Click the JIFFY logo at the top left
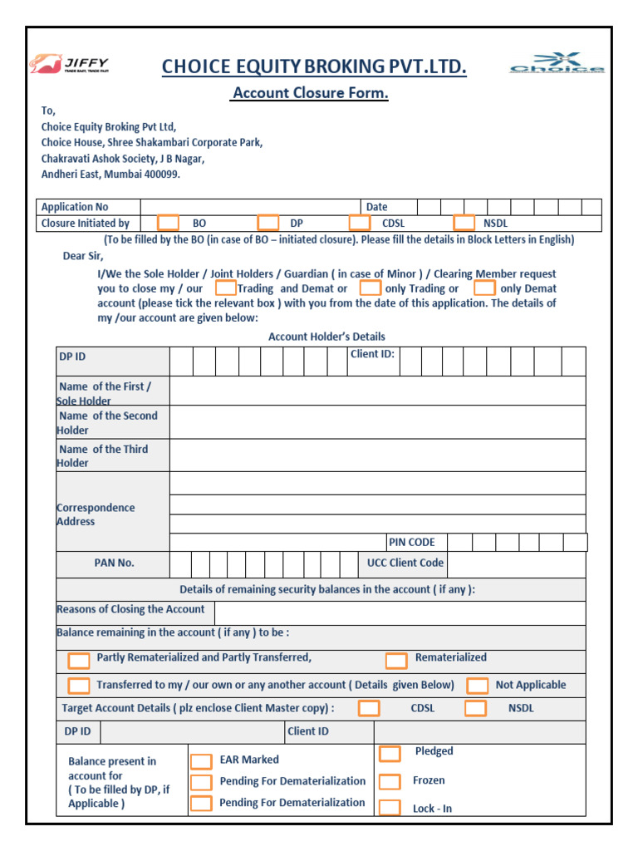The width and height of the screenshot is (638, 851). click(70, 64)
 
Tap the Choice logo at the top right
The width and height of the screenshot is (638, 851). click(557, 63)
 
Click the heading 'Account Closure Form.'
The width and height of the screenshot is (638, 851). click(310, 93)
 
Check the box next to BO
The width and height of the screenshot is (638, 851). click(168, 223)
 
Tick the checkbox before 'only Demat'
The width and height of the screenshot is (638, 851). click(484, 288)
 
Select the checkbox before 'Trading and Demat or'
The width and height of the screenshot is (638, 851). click(225, 288)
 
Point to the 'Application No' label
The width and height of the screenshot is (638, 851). click(75, 207)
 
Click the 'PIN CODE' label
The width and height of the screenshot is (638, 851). click(411, 542)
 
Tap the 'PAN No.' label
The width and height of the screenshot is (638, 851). click(114, 563)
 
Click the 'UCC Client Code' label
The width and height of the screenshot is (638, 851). click(405, 563)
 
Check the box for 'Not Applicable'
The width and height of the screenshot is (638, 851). click(478, 686)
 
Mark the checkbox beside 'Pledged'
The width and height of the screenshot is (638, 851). click(390, 754)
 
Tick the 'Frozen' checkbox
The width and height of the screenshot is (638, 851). click(390, 781)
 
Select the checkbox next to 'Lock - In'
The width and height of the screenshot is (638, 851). click(390, 808)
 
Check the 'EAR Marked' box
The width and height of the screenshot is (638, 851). click(201, 761)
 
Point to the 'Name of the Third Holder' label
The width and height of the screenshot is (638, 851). click(103, 455)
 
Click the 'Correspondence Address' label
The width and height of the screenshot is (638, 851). click(95, 514)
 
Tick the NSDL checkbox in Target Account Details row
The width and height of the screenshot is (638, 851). click(475, 709)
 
